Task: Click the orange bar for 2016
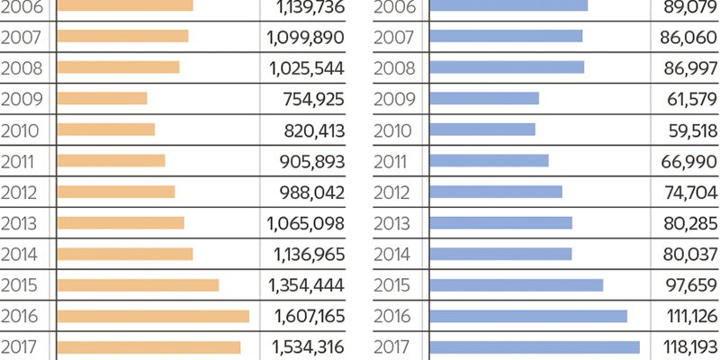tap(153, 316)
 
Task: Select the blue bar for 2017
tap(535, 347)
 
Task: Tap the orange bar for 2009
tap(102, 98)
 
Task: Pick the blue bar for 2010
tap(482, 130)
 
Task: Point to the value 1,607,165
tap(306, 316)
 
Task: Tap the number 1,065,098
tap(306, 222)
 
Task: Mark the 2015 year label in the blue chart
tap(391, 284)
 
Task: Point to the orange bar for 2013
tap(121, 222)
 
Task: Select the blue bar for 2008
tap(507, 67)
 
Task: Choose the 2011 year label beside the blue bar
tap(391, 160)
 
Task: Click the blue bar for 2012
tap(496, 192)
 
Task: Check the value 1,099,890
tap(306, 36)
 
